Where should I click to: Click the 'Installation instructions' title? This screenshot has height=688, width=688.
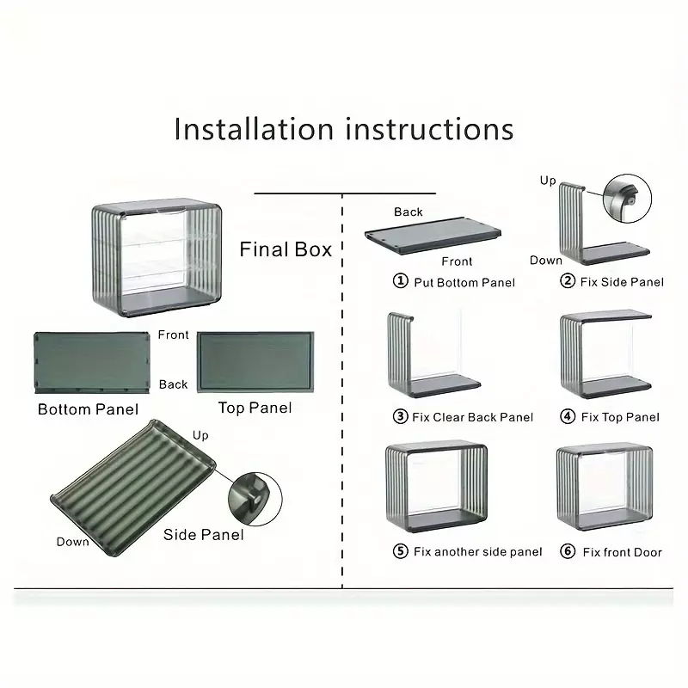click(343, 129)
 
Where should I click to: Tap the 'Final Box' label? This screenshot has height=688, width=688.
click(286, 249)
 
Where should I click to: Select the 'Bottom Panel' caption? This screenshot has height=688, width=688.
click(88, 409)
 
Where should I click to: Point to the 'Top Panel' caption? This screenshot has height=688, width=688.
click(255, 408)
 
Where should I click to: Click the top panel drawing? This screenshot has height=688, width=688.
click(255, 362)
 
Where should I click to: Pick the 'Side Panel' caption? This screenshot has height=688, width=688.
click(203, 534)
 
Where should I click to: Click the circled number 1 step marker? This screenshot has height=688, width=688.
click(400, 280)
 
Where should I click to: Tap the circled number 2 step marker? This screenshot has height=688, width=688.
click(568, 280)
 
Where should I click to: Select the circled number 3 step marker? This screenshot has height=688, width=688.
click(400, 416)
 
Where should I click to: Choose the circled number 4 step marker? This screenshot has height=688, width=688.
click(568, 416)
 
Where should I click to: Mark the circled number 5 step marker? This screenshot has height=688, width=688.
click(400, 550)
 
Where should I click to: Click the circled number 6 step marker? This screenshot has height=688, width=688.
click(568, 550)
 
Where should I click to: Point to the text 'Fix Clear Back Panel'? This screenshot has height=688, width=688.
click(472, 417)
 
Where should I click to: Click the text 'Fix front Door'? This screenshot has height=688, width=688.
click(622, 552)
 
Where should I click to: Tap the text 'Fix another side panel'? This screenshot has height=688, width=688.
click(478, 551)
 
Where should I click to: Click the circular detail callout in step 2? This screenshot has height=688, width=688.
click(627, 199)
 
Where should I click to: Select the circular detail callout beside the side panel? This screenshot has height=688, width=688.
click(255, 499)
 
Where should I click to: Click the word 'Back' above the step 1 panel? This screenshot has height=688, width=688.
click(408, 212)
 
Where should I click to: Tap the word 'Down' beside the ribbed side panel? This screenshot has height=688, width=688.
click(72, 542)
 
